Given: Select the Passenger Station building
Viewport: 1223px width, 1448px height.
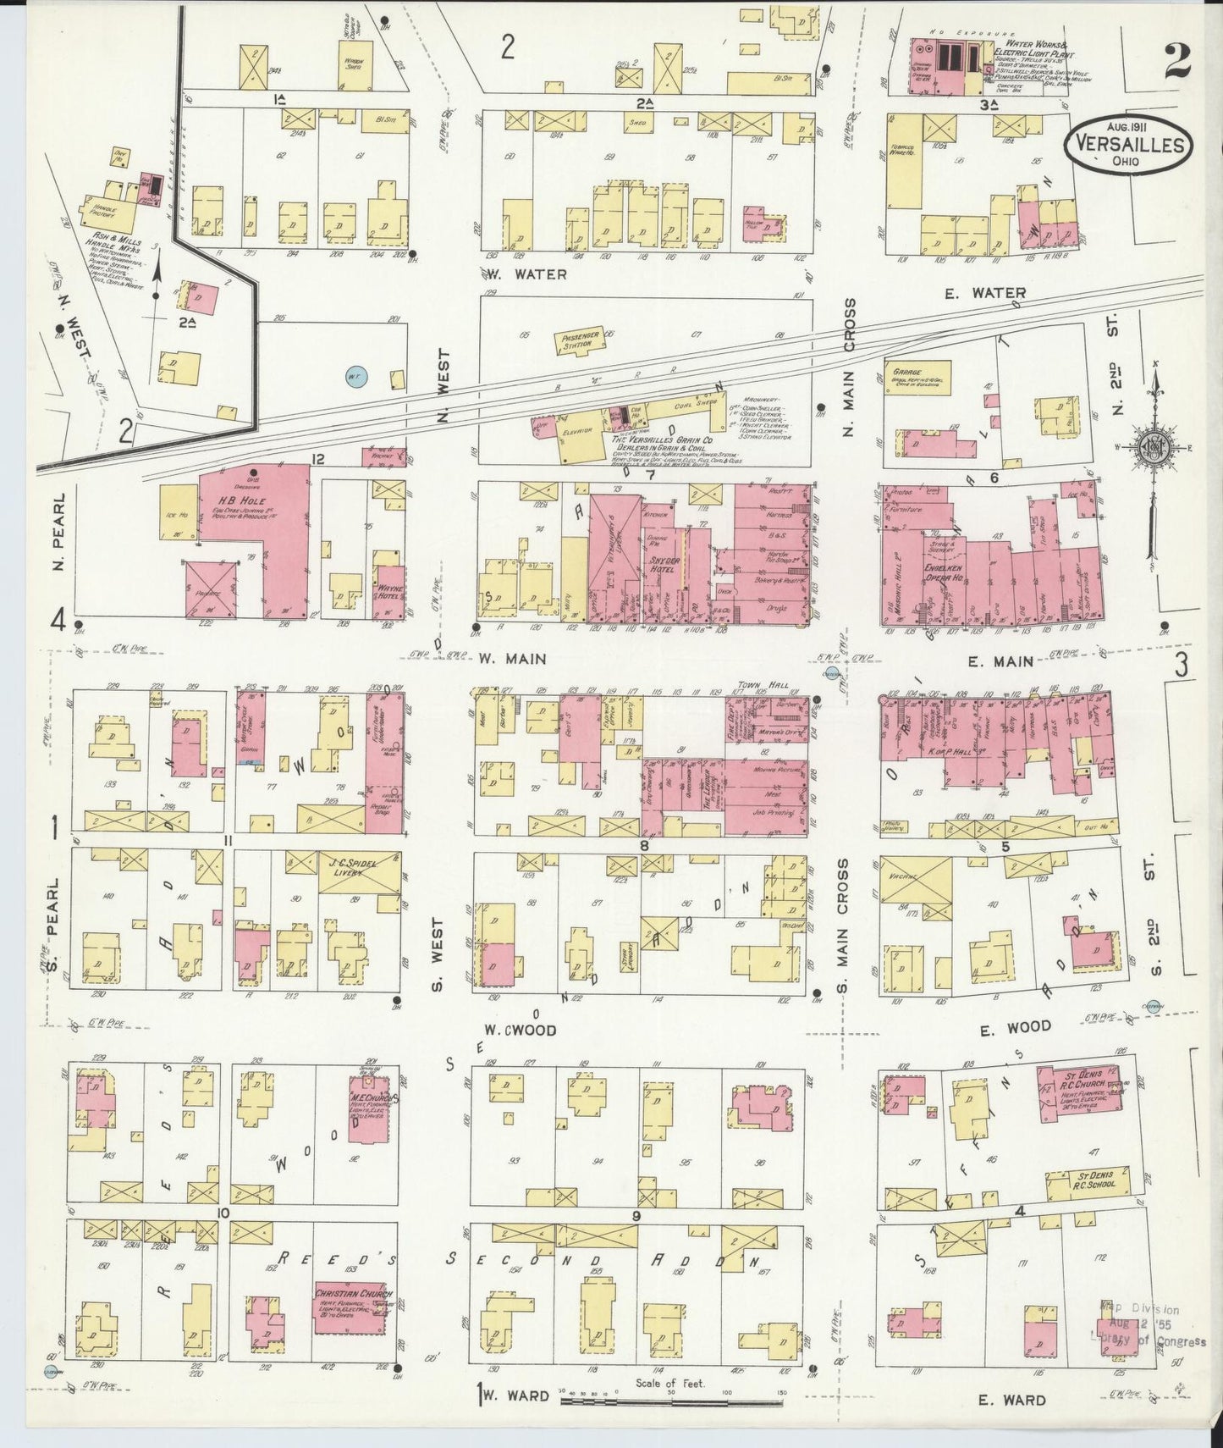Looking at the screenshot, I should (580, 341).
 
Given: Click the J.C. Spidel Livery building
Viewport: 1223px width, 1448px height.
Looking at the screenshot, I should (360, 872).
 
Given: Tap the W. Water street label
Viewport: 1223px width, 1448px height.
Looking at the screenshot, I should (526, 274).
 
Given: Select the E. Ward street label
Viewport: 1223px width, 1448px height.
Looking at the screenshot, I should (1013, 1400).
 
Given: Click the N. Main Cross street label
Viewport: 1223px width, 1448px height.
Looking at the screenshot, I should (849, 368).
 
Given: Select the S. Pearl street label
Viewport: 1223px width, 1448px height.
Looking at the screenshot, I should (53, 925).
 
